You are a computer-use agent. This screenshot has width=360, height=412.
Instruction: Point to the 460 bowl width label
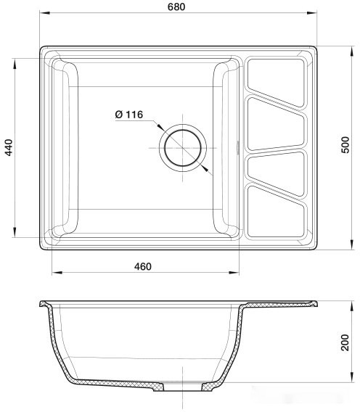coord(142,266)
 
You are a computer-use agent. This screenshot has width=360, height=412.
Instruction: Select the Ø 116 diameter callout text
coord(129,115)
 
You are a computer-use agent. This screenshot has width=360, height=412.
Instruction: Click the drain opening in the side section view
coord(181,388)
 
